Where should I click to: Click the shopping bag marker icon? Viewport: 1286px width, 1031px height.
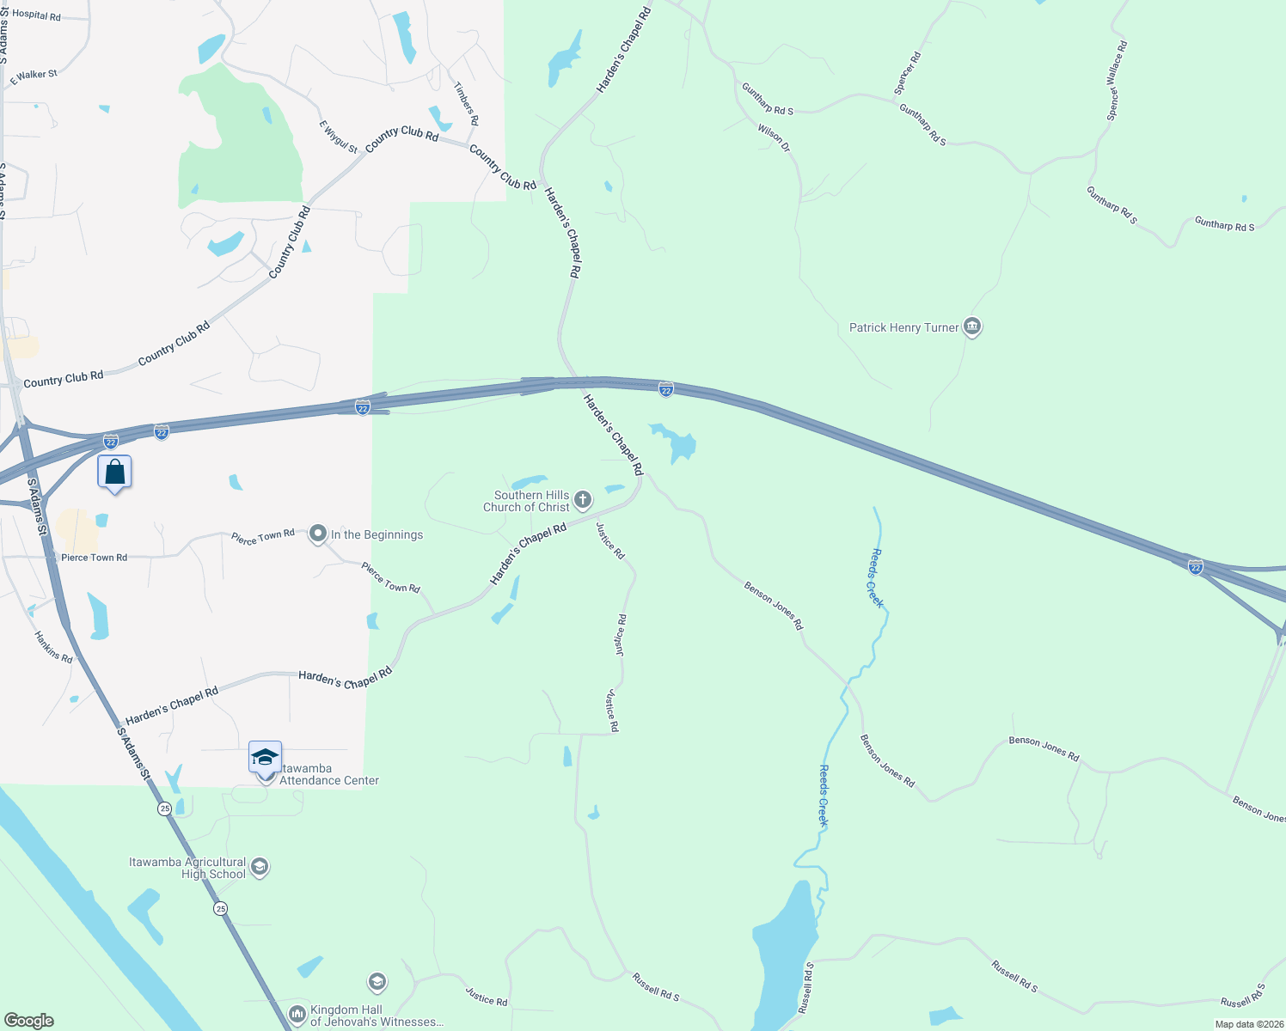coord(114,473)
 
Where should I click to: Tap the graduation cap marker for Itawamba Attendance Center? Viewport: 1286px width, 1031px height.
coord(265,758)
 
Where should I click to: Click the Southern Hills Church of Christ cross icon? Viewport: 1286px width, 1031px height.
coord(583,500)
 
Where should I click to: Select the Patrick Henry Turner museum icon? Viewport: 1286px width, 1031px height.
coord(972,326)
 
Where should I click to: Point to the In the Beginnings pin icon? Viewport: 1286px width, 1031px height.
coord(318,534)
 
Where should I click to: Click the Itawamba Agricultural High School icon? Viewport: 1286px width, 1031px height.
coord(260,867)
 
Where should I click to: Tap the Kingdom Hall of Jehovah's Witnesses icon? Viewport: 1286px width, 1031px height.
coord(297,1016)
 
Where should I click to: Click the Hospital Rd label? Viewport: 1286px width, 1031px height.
coord(36,15)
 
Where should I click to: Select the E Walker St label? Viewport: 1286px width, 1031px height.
coord(34,76)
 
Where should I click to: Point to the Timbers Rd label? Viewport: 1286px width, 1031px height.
coord(466,104)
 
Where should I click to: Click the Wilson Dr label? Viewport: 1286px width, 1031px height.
coord(774,138)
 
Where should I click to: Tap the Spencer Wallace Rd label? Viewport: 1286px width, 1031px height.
coord(1117,81)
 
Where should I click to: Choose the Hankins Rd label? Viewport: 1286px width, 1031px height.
coord(53,647)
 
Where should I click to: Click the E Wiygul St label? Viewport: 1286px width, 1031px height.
coord(339,137)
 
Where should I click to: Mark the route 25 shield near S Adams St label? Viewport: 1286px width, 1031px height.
coord(165,808)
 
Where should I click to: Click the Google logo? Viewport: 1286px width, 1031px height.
coord(29,1021)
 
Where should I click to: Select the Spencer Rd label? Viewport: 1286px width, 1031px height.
coord(907,73)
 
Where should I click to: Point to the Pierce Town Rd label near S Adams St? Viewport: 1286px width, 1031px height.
coord(94,558)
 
